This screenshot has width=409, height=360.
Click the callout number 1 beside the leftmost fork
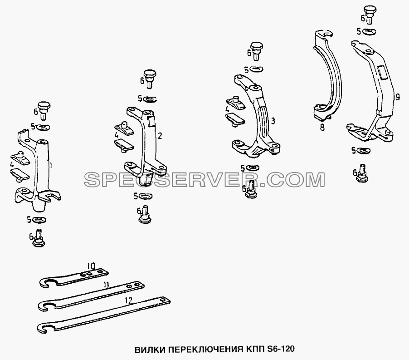click(x=51, y=166)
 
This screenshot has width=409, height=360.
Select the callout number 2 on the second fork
click(x=160, y=136)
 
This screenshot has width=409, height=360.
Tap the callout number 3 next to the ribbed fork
click(x=273, y=121)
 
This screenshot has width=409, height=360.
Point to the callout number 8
click(x=322, y=128)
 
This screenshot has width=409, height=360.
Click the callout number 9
click(x=398, y=97)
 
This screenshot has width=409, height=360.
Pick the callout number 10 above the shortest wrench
click(x=92, y=266)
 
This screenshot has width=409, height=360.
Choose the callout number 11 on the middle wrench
click(x=106, y=285)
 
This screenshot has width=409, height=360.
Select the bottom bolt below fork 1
click(x=39, y=238)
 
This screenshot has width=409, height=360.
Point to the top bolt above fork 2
click(x=149, y=79)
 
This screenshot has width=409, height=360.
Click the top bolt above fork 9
click(x=369, y=15)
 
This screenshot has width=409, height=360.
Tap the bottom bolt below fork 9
click(x=362, y=173)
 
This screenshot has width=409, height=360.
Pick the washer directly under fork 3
click(x=252, y=168)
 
